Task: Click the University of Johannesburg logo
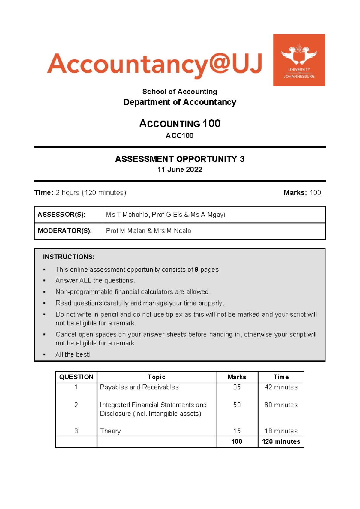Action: pyautogui.click(x=299, y=60)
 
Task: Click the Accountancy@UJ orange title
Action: pyautogui.click(x=154, y=64)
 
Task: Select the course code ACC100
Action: pyautogui.click(x=179, y=136)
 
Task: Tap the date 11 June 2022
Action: pyautogui.click(x=180, y=170)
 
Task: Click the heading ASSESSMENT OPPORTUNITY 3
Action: pyautogui.click(x=180, y=159)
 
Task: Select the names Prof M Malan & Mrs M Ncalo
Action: pyautogui.click(x=148, y=231)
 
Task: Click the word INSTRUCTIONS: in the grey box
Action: pyautogui.click(x=69, y=257)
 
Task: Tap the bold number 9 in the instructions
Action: pyautogui.click(x=196, y=270)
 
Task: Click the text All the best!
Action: pyautogui.click(x=73, y=354)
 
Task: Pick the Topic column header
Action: pyautogui.click(x=156, y=377)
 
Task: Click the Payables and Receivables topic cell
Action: pyautogui.click(x=139, y=387)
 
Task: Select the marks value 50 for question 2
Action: pyautogui.click(x=237, y=405)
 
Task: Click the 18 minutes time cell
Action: pyautogui.click(x=281, y=431)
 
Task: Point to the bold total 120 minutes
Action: pyautogui.click(x=281, y=441)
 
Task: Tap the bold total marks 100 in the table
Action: pyautogui.click(x=237, y=441)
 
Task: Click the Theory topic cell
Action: pyautogui.click(x=110, y=431)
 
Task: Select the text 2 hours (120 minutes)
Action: pyautogui.click(x=91, y=193)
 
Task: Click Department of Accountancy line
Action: pyautogui.click(x=180, y=102)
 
